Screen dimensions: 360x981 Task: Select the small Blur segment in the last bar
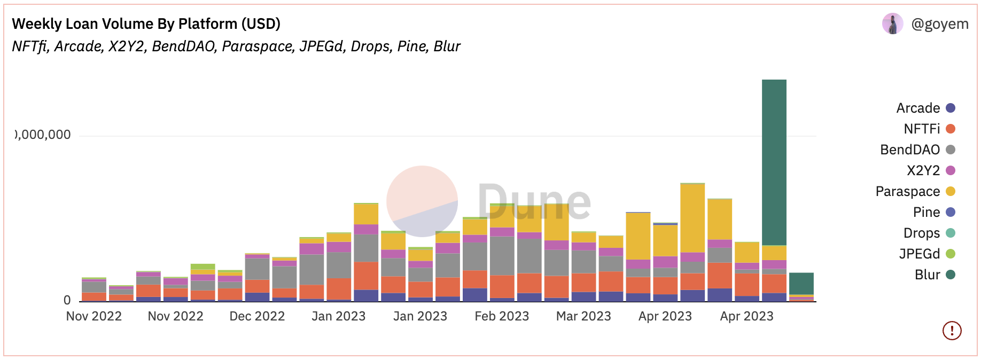click(801, 283)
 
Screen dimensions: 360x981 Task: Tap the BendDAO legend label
click(910, 150)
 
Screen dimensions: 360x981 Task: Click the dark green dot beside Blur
click(951, 275)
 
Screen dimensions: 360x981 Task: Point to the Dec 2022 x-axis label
click(257, 316)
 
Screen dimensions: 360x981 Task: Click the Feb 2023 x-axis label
click(502, 316)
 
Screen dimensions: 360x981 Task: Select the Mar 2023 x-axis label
click(583, 316)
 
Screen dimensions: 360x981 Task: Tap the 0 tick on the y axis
click(67, 301)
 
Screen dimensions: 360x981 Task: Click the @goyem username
click(939, 24)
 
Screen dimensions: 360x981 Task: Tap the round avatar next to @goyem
click(892, 24)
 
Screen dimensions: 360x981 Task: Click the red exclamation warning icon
click(952, 331)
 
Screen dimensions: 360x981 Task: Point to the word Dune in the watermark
click(534, 202)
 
